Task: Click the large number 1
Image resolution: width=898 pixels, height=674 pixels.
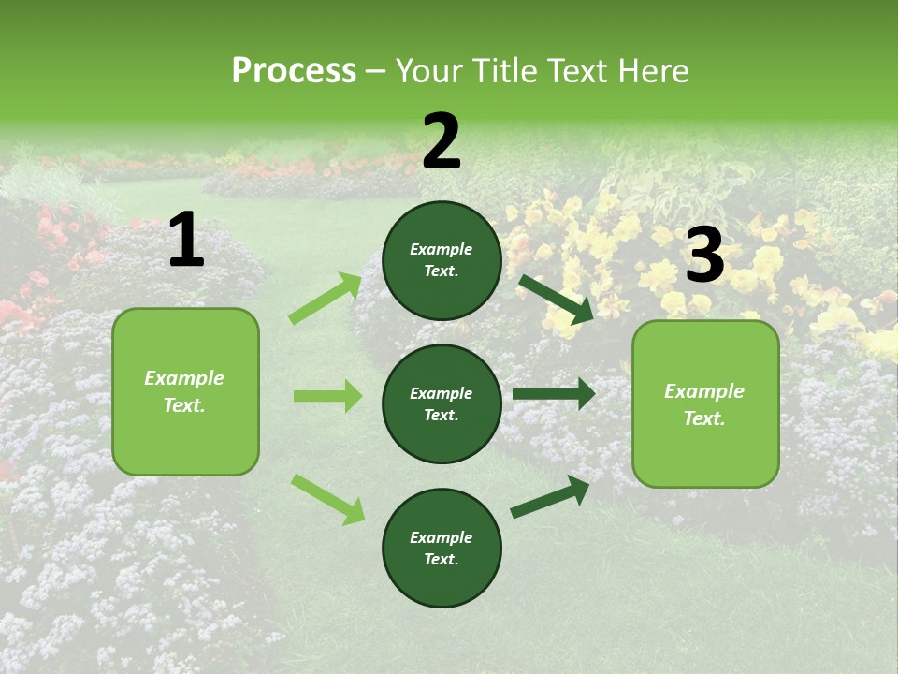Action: point(186,242)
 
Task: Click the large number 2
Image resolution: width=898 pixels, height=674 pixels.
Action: point(442,142)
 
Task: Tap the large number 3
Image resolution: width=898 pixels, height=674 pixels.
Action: point(704,256)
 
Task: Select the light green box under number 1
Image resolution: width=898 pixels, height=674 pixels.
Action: point(185,391)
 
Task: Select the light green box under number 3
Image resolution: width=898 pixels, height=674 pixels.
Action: point(705,403)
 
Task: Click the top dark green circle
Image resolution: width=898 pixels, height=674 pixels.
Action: point(442,260)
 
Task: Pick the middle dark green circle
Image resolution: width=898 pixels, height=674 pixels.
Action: point(442,403)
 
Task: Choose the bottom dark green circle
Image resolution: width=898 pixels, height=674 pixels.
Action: point(442,548)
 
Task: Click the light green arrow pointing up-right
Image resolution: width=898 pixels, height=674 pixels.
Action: point(326,299)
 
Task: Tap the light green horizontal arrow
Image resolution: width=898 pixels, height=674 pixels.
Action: point(327,396)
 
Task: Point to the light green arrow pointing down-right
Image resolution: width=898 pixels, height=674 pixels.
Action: point(327,499)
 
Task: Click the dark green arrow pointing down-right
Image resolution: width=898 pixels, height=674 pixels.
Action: point(556,299)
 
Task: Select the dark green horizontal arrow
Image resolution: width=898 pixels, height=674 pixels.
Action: point(554,393)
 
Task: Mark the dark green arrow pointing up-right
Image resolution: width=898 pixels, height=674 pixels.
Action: point(550,496)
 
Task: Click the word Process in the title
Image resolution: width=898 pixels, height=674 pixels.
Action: point(294,71)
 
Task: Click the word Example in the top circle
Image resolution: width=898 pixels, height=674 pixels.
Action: point(442,249)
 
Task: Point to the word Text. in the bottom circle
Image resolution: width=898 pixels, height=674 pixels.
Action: point(442,559)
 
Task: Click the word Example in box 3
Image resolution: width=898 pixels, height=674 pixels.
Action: point(704,391)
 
